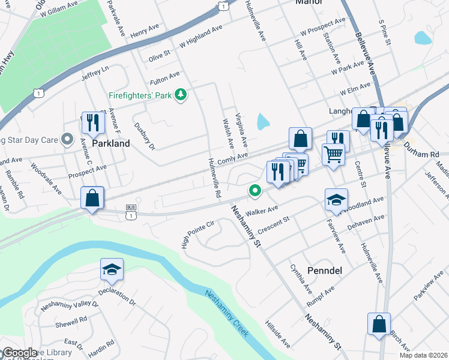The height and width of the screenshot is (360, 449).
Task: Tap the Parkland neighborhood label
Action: [111, 144]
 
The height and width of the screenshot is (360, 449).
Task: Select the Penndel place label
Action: [324, 271]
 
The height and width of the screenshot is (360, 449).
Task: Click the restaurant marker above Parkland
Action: [92, 123]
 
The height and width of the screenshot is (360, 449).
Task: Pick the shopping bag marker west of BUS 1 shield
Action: [92, 197]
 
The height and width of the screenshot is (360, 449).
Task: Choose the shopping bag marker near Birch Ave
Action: [379, 324]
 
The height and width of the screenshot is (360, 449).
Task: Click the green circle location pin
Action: [255, 191]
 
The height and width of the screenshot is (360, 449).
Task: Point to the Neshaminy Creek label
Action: [227, 314]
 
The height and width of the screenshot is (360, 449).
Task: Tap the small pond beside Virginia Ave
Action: [263, 122]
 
